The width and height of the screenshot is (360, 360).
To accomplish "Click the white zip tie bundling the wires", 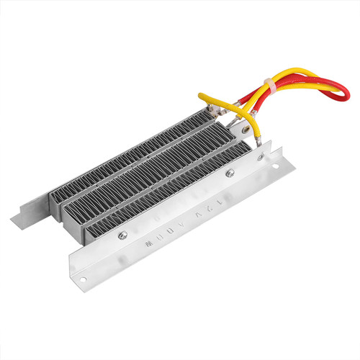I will (x=274, y=86).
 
